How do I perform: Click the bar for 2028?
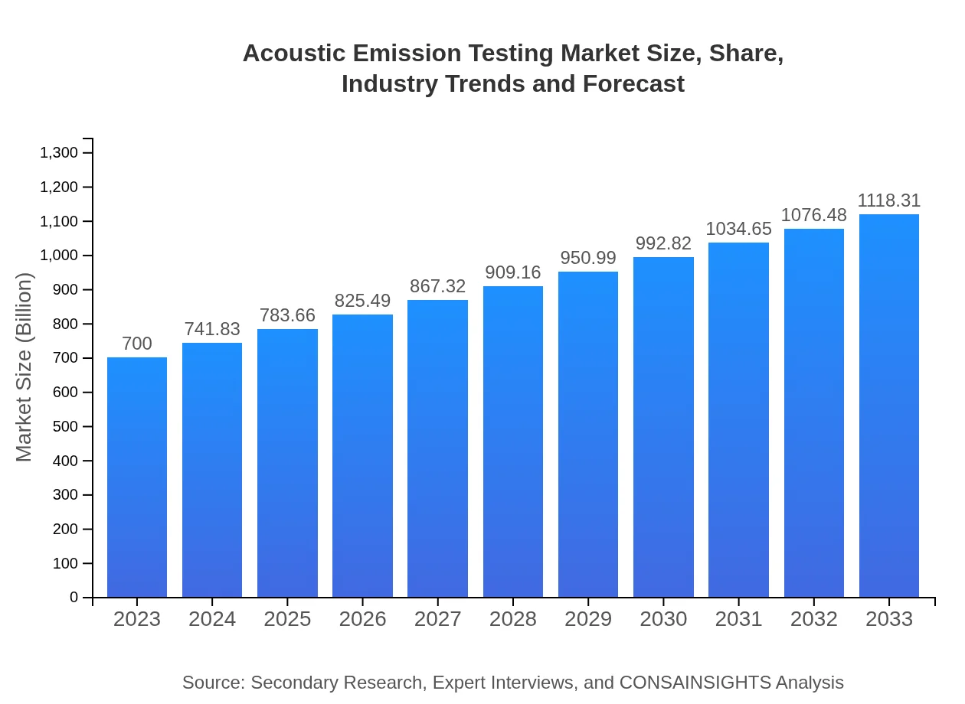point(513,442)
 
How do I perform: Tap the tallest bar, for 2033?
point(889,406)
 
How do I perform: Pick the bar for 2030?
point(663,427)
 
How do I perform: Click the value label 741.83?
point(212,329)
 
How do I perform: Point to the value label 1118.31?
point(889,200)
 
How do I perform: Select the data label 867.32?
point(437,286)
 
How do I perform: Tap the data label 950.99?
point(588,258)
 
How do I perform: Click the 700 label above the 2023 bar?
point(137,344)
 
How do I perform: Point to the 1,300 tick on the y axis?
point(59,153)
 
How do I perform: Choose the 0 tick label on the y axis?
point(74,598)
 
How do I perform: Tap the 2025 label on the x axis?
point(287,619)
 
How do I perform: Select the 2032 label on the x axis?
point(814,619)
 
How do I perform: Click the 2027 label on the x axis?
point(437,619)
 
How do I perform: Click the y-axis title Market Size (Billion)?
point(25,367)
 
